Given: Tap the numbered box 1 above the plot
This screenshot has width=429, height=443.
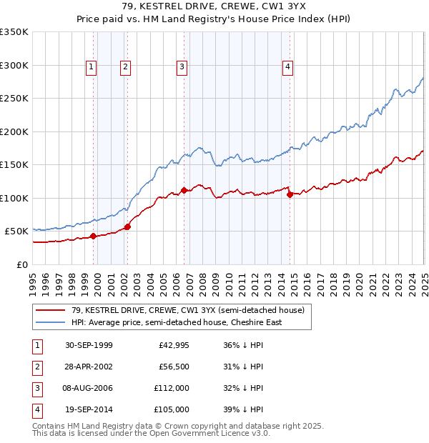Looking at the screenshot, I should tap(92, 67).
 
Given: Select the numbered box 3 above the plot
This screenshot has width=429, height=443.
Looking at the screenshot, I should tap(182, 67).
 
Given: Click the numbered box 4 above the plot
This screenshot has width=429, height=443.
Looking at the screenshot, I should tap(287, 67).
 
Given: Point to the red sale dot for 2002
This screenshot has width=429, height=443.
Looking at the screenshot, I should tap(127, 227).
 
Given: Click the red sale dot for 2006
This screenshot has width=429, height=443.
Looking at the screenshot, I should tap(184, 190).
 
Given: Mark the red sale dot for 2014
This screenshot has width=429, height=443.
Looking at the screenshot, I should tap(290, 194).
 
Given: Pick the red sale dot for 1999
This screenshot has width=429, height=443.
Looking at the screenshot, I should tap(94, 236).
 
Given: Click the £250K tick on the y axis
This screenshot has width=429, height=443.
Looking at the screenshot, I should tap(14, 99).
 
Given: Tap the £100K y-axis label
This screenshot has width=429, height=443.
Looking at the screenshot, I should tap(14, 198).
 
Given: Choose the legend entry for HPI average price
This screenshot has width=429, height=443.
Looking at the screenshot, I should tap(176, 322).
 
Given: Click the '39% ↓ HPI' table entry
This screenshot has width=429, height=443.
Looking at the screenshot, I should tap(244, 410).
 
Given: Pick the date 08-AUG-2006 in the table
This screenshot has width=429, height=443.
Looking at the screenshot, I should tap(89, 389).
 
